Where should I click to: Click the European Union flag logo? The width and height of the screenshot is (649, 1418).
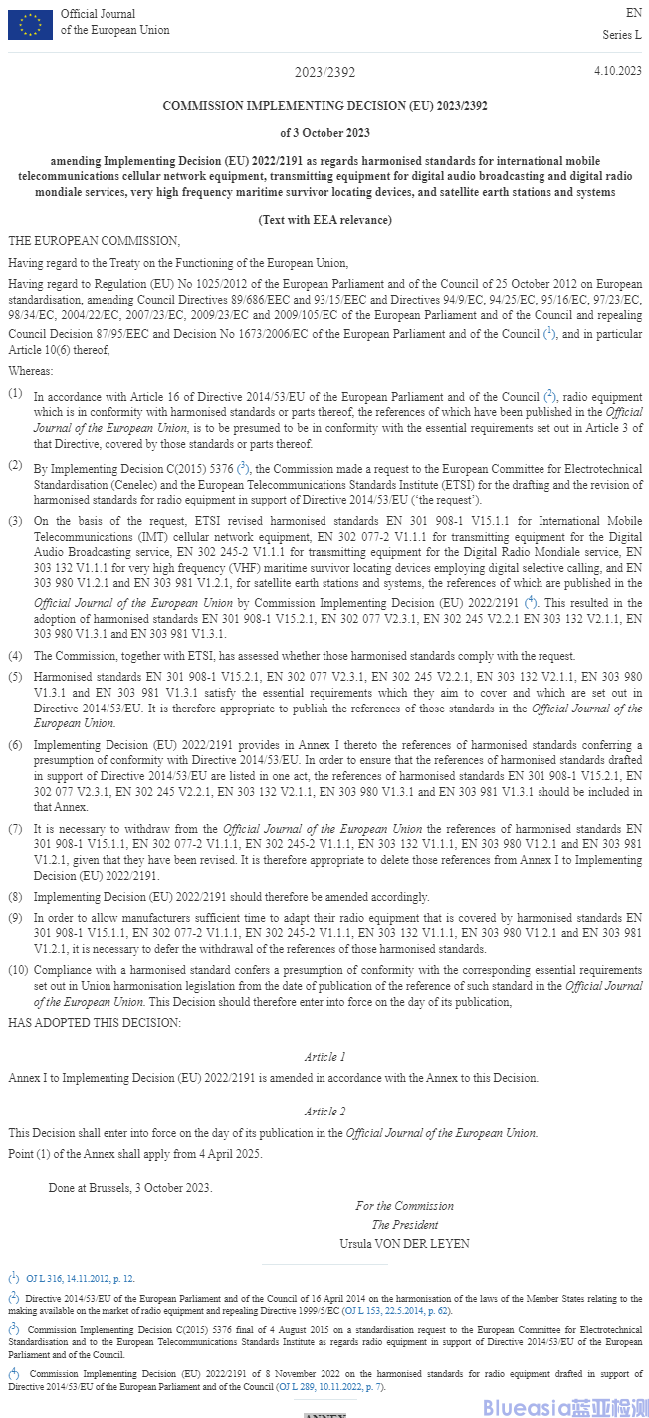point(30,24)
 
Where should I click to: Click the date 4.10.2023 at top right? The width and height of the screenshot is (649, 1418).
point(617,71)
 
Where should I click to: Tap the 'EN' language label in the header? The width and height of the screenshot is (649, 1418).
point(634,14)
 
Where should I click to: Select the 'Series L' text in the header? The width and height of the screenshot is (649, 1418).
point(622,35)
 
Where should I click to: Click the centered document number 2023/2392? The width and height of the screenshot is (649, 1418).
point(324,73)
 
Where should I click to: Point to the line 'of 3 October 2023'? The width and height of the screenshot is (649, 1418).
point(324,133)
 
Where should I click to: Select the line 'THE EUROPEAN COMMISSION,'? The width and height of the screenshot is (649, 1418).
point(95,241)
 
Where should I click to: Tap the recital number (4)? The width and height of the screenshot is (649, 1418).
point(16,656)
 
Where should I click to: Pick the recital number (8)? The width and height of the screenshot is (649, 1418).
point(16,897)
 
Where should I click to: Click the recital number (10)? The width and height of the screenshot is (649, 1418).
point(18,969)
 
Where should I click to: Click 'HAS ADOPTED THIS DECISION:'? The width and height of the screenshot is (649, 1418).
point(95,1022)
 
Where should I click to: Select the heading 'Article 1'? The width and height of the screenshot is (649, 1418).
point(324,1056)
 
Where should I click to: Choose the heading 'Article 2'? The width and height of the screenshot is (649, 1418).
point(324,1112)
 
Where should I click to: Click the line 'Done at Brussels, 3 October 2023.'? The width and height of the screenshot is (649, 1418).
point(130,1187)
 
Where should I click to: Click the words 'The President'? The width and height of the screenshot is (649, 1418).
point(404,1225)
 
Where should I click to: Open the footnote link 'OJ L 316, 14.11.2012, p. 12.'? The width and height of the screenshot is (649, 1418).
point(81,1278)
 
